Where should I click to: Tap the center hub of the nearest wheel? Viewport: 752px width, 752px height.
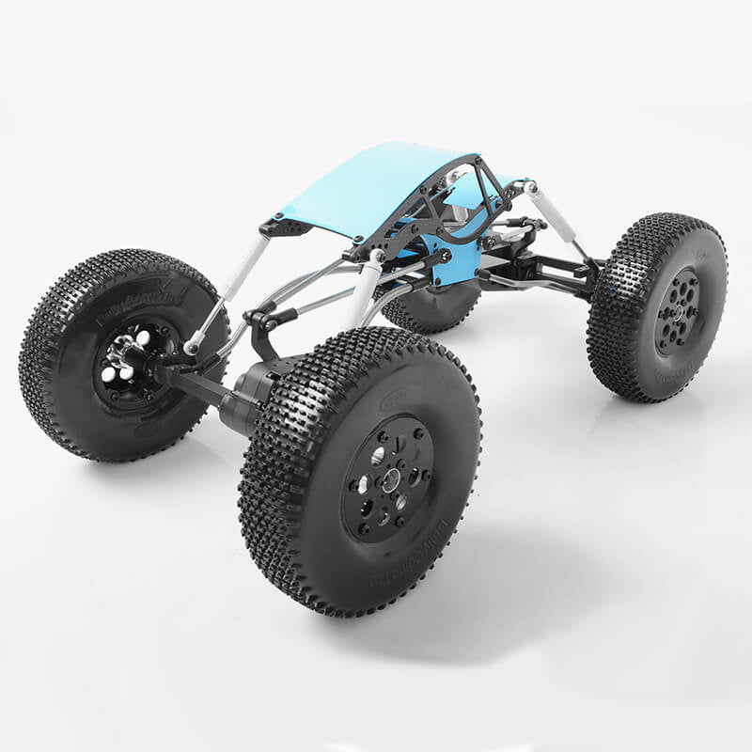point(388,479)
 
